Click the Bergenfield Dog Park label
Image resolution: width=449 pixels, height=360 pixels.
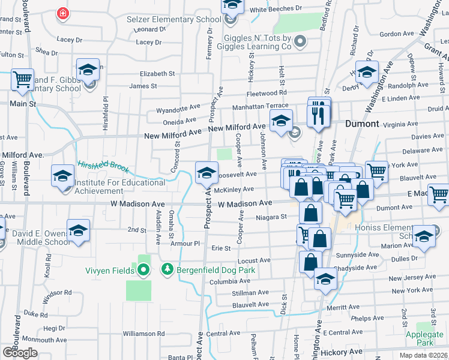click(216, 270)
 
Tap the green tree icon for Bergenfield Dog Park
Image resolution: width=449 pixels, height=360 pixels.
click(169, 270)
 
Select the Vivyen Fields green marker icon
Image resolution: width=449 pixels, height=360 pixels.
click(143, 271)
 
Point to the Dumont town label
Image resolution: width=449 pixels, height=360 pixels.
click(363, 124)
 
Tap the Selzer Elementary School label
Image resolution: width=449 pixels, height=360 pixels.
click(166, 19)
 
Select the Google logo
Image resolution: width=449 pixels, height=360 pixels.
click(20, 352)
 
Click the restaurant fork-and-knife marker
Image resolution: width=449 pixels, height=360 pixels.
click(319, 113)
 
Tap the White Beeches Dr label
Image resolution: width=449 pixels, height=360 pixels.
click(276, 9)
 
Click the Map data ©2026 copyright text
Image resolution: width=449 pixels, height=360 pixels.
click(423, 355)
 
